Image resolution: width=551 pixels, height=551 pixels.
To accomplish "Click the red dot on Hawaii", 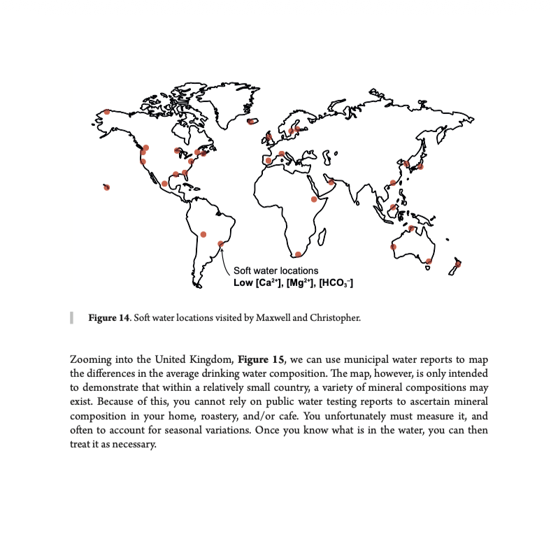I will [107, 187].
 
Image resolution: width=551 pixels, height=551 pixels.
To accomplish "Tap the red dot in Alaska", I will [107, 112].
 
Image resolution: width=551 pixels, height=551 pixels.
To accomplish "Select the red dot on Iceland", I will [250, 122].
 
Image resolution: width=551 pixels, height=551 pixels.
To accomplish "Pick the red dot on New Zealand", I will [458, 264].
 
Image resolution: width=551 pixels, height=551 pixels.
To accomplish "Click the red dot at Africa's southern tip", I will [299, 255].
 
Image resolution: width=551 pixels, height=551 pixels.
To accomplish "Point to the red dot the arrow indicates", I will [220, 244].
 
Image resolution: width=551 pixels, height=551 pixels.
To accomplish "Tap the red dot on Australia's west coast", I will [393, 247].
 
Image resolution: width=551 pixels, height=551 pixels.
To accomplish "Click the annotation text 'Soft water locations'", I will [275, 271].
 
